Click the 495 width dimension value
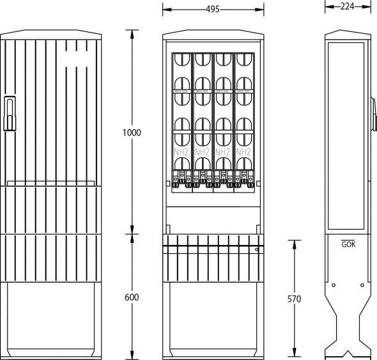213,9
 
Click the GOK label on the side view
348,244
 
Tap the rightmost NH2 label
243,152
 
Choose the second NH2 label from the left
203,152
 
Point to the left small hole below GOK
334,285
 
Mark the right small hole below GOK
362,285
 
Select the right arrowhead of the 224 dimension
369,6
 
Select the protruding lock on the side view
373,109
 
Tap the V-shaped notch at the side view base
348,352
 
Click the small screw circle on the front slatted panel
257,249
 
